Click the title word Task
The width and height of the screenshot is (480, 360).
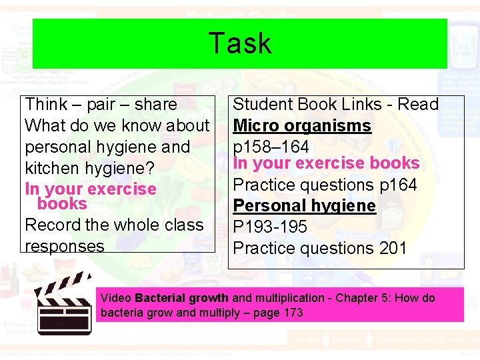tap(240, 43)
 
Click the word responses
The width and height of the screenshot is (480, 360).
tap(65, 246)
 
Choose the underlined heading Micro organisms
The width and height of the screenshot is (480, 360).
tap(302, 125)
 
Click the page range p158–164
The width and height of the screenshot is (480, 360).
tap(271, 147)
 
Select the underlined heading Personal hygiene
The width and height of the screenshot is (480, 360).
tap(304, 205)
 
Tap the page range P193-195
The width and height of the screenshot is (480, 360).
tap(270, 227)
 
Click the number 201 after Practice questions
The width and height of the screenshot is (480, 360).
tap(389, 248)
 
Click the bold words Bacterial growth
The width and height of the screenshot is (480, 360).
tap(181, 298)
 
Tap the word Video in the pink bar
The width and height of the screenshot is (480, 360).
tap(115, 298)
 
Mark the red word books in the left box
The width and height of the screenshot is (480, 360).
tap(62, 203)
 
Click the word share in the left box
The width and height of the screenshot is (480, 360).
tap(155, 105)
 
